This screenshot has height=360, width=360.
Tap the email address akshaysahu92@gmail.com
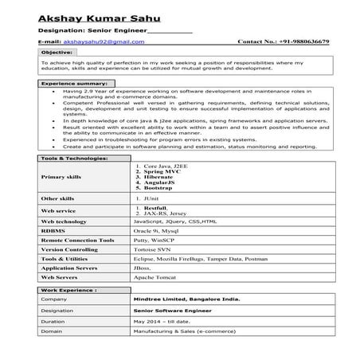coord(93,41)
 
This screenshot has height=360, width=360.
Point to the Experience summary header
coord(73,83)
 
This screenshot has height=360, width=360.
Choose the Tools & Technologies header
coord(73,158)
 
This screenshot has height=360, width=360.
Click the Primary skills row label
coord(61,177)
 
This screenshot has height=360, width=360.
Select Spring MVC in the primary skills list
coord(162,171)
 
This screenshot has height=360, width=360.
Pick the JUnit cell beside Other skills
coord(152,197)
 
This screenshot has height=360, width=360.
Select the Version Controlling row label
coord(71,248)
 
